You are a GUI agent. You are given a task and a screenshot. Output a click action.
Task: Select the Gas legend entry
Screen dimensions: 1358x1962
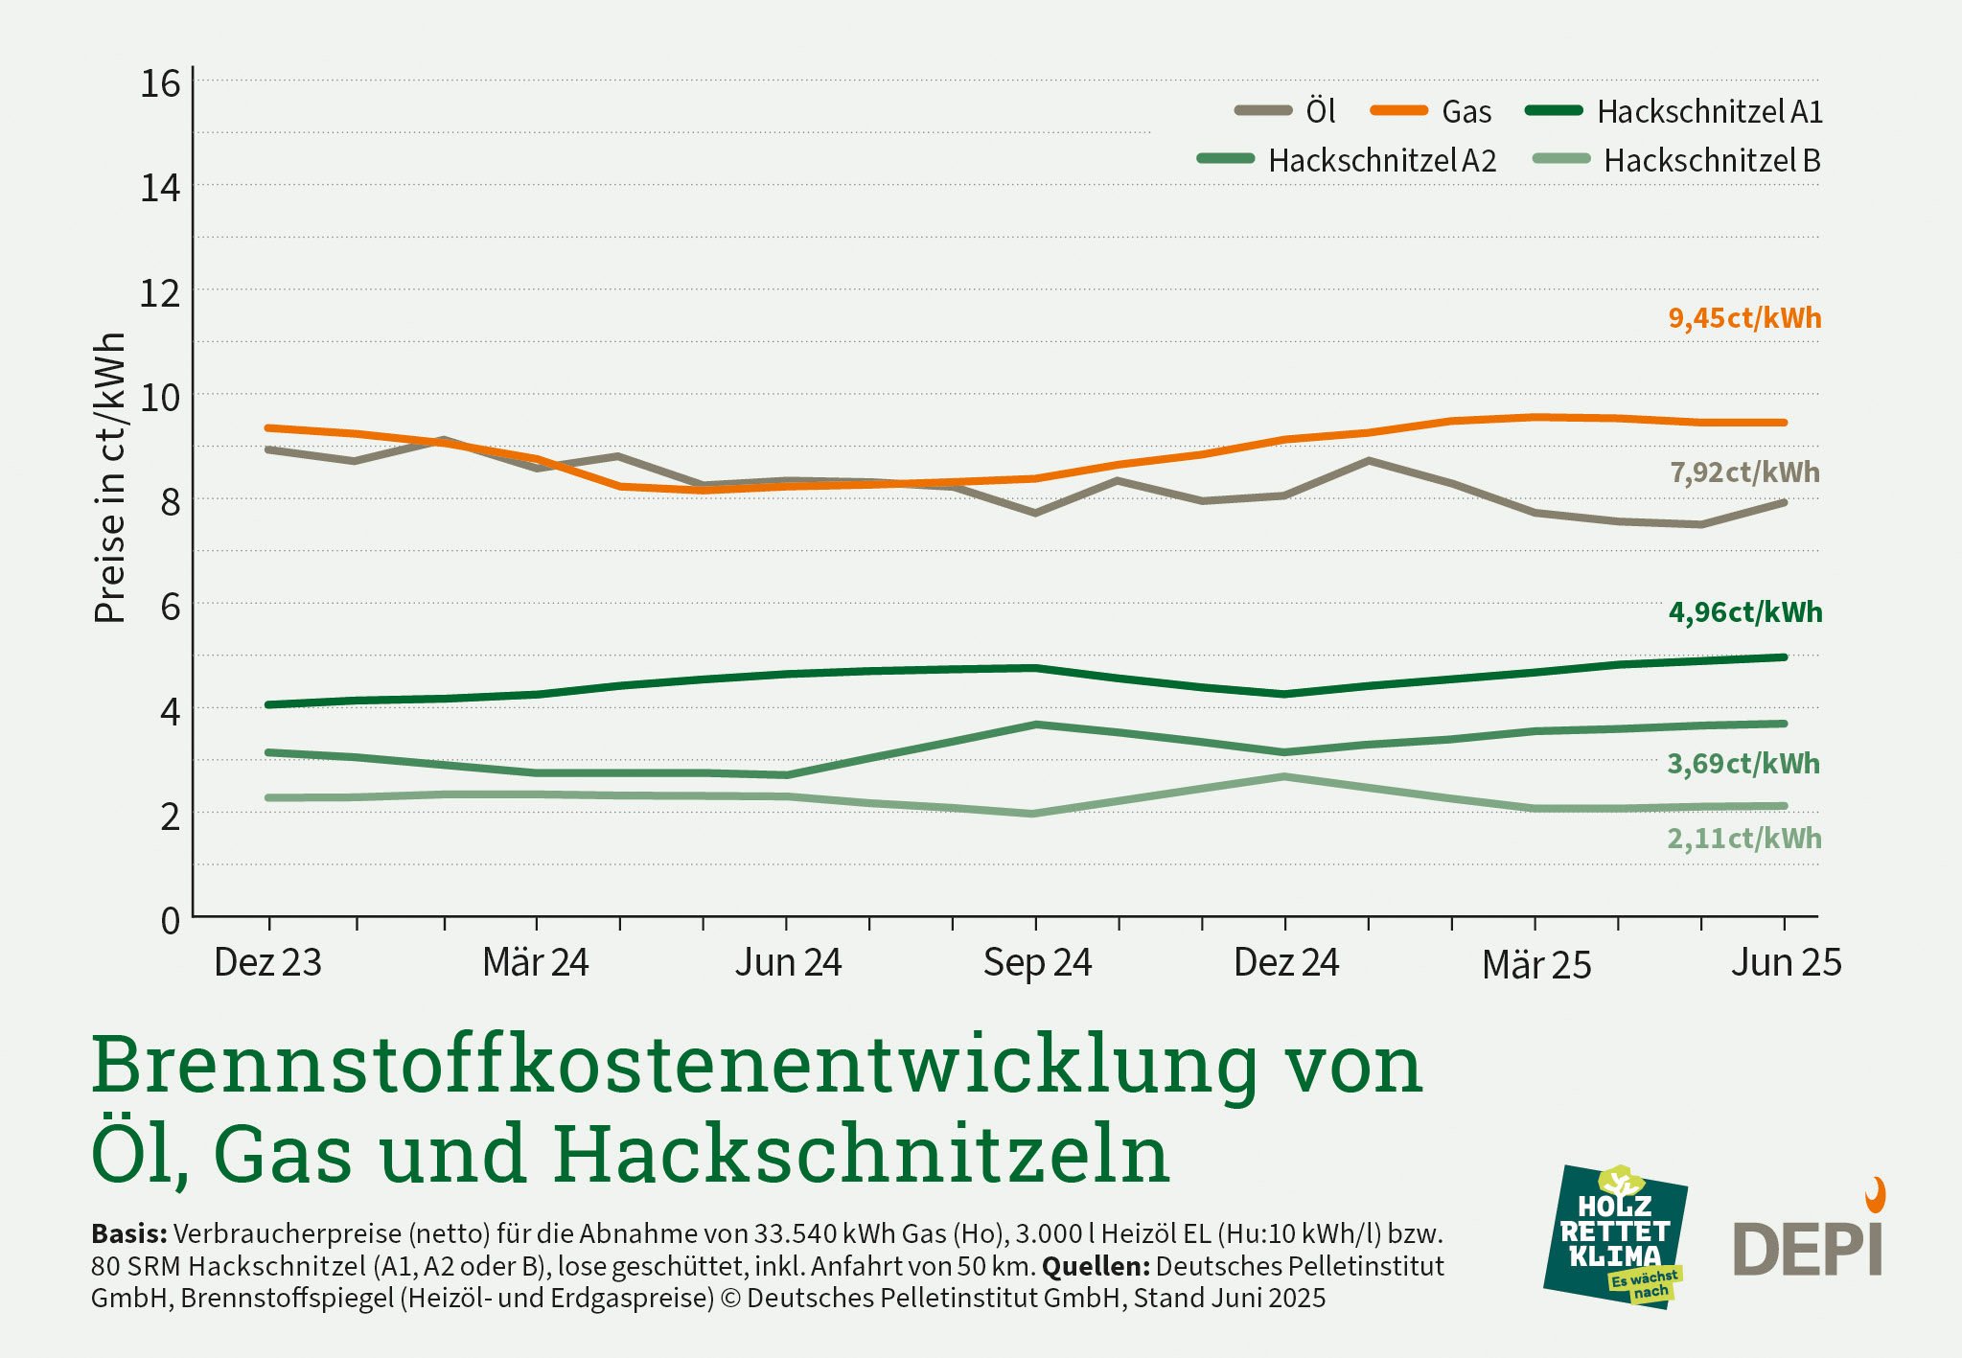point(1433,111)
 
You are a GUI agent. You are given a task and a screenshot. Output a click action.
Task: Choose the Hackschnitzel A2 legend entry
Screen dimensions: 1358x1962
point(1348,160)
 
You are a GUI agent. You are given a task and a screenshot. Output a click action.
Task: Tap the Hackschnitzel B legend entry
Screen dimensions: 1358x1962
point(1677,160)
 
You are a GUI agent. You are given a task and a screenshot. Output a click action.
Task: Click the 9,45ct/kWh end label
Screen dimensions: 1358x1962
point(1744,318)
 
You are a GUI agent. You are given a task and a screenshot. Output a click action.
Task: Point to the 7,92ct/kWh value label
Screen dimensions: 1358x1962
point(1744,472)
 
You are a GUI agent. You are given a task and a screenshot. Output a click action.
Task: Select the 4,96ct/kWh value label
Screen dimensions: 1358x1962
point(1745,612)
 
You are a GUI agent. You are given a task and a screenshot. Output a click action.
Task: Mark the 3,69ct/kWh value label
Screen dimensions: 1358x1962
point(1743,764)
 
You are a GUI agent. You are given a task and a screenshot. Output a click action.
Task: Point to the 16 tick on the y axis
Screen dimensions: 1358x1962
point(160,84)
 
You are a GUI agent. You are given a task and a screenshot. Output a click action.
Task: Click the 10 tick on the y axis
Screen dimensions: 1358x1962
point(160,396)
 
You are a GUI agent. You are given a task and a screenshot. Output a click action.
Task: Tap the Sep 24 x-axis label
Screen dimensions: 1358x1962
point(1037,962)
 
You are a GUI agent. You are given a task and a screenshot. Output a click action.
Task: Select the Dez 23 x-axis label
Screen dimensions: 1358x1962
point(268,962)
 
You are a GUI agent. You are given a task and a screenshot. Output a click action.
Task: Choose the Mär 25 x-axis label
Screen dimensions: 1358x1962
point(1536,964)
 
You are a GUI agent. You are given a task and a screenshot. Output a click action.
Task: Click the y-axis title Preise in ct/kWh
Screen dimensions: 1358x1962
point(110,477)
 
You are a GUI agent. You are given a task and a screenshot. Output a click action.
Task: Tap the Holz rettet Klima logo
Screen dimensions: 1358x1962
point(1616,1237)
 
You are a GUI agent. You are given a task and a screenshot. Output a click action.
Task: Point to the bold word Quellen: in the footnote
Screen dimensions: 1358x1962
point(1096,1266)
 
